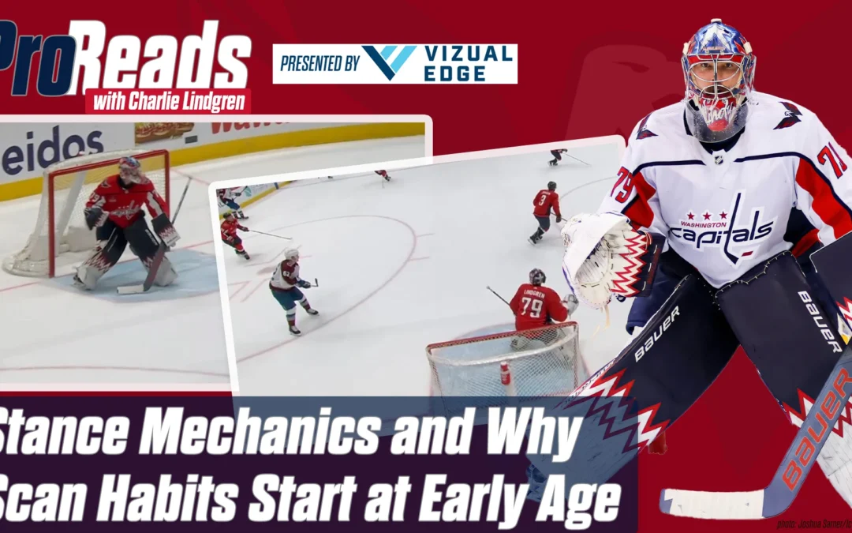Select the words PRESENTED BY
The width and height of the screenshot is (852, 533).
coord(318,64)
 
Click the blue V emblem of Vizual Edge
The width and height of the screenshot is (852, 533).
coord(389,62)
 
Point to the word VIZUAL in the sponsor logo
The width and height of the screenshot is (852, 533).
coord(468,54)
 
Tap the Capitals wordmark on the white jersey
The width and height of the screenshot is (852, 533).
coord(722,229)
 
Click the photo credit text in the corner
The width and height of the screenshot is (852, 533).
coord(813,523)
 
